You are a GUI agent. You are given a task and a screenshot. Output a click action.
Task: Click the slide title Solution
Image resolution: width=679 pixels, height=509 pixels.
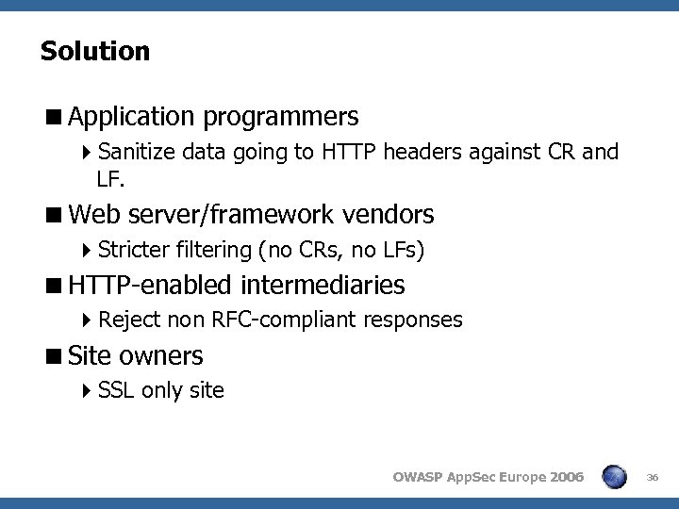click(95, 51)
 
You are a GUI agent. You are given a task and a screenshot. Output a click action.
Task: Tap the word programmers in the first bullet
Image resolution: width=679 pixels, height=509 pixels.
click(280, 117)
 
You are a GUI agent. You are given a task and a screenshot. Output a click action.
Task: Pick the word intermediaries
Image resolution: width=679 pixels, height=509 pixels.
click(323, 285)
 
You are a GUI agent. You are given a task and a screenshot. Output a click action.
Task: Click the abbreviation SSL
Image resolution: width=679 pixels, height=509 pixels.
click(115, 389)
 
